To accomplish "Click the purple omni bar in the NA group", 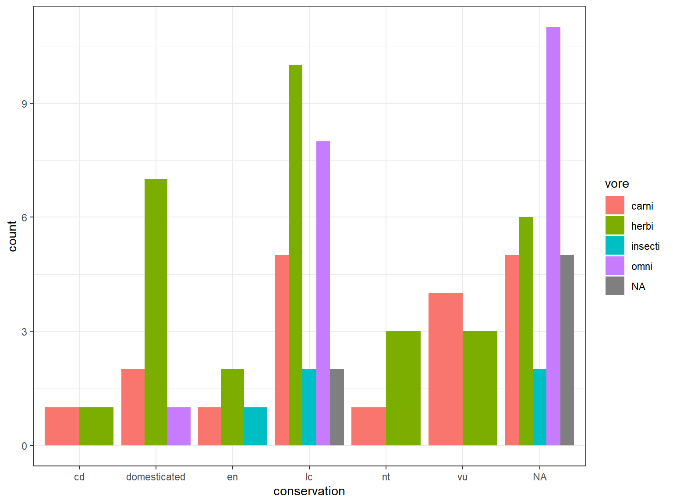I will coord(553,236).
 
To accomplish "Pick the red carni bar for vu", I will coord(445,369).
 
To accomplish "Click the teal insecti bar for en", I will coord(255,426).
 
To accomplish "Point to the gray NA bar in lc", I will coord(337,407).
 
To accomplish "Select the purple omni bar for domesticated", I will coord(179,426).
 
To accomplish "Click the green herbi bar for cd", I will coord(96,426).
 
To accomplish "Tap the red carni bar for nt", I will coord(368,426).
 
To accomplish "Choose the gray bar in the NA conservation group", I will coord(567,350).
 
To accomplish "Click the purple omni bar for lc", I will coord(323,293).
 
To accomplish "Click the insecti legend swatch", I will coord(615,246).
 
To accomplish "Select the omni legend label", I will coord(641,266).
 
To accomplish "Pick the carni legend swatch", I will coord(615,206).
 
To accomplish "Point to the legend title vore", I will coord(616,184).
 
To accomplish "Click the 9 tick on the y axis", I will coord(25,104).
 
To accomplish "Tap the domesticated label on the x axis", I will coord(156,477).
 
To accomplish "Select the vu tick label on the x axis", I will coord(462,477).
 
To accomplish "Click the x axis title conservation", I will coord(309,491).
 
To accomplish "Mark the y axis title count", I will coord(12,236).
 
